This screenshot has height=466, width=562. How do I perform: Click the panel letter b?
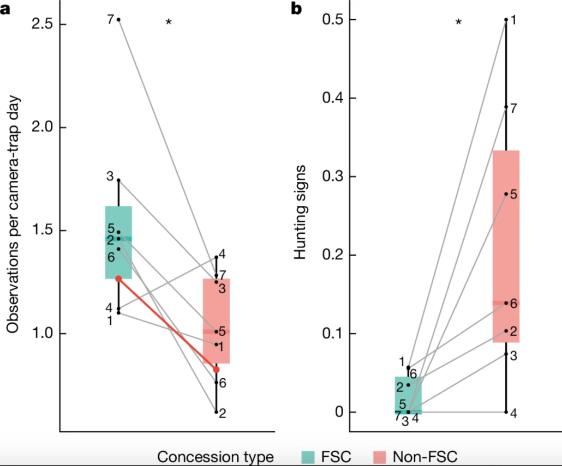click(x=297, y=9)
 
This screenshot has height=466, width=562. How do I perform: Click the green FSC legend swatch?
click(x=312, y=456)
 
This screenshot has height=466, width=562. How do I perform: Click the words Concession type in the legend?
click(x=216, y=456)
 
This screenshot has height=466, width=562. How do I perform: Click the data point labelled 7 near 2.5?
click(x=119, y=20)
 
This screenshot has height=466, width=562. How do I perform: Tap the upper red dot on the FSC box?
click(x=119, y=279)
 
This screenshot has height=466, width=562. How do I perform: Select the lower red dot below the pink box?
click(x=216, y=370)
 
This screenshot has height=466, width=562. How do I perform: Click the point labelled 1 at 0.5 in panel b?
click(x=506, y=20)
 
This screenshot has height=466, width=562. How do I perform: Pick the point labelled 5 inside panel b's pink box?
click(x=506, y=194)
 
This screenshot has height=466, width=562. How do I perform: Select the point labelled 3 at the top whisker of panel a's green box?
click(x=119, y=180)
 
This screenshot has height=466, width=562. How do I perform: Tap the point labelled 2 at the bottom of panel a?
click(x=216, y=411)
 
